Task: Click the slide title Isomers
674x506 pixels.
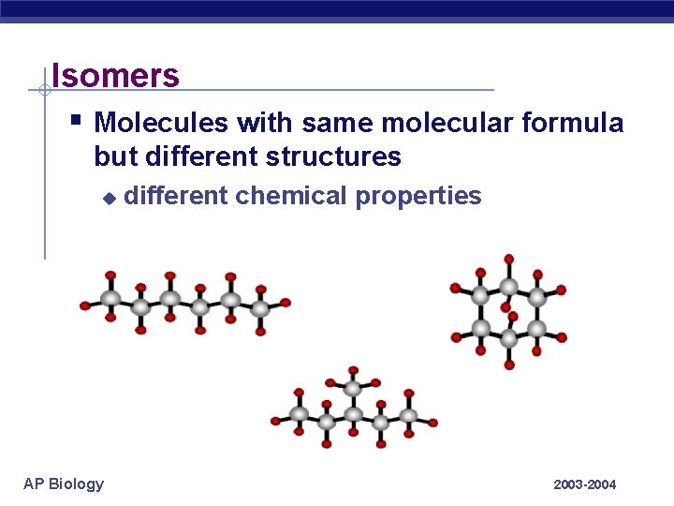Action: pos(115,75)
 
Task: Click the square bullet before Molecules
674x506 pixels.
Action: pos(76,120)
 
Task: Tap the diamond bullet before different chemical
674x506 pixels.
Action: pos(109,198)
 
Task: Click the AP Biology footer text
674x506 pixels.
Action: pos(64,484)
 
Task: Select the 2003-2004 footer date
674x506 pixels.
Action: pos(585,484)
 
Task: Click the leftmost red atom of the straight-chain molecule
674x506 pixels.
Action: pos(85,305)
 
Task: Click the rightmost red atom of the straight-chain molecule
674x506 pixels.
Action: pos(286,303)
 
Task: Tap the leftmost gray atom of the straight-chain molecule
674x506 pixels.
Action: pos(110,299)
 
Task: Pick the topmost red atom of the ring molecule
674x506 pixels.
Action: pos(508,258)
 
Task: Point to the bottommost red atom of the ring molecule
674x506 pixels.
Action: pos(509,365)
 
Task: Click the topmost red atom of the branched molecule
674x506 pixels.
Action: pos(353,371)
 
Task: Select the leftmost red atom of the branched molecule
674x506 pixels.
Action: pos(275,421)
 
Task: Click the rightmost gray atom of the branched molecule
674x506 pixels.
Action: pos(409,415)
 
